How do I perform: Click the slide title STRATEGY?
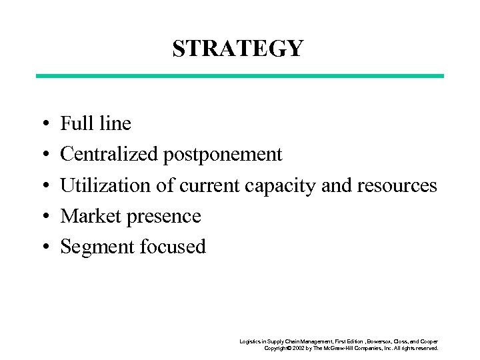pyautogui.click(x=238, y=49)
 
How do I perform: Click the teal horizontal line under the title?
pyautogui.click(x=239, y=76)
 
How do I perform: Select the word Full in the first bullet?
pyautogui.click(x=74, y=123)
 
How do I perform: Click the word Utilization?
pyautogui.click(x=106, y=185)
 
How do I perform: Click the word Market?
pyautogui.click(x=86, y=216)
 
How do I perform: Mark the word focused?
pyautogui.click(x=173, y=247)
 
